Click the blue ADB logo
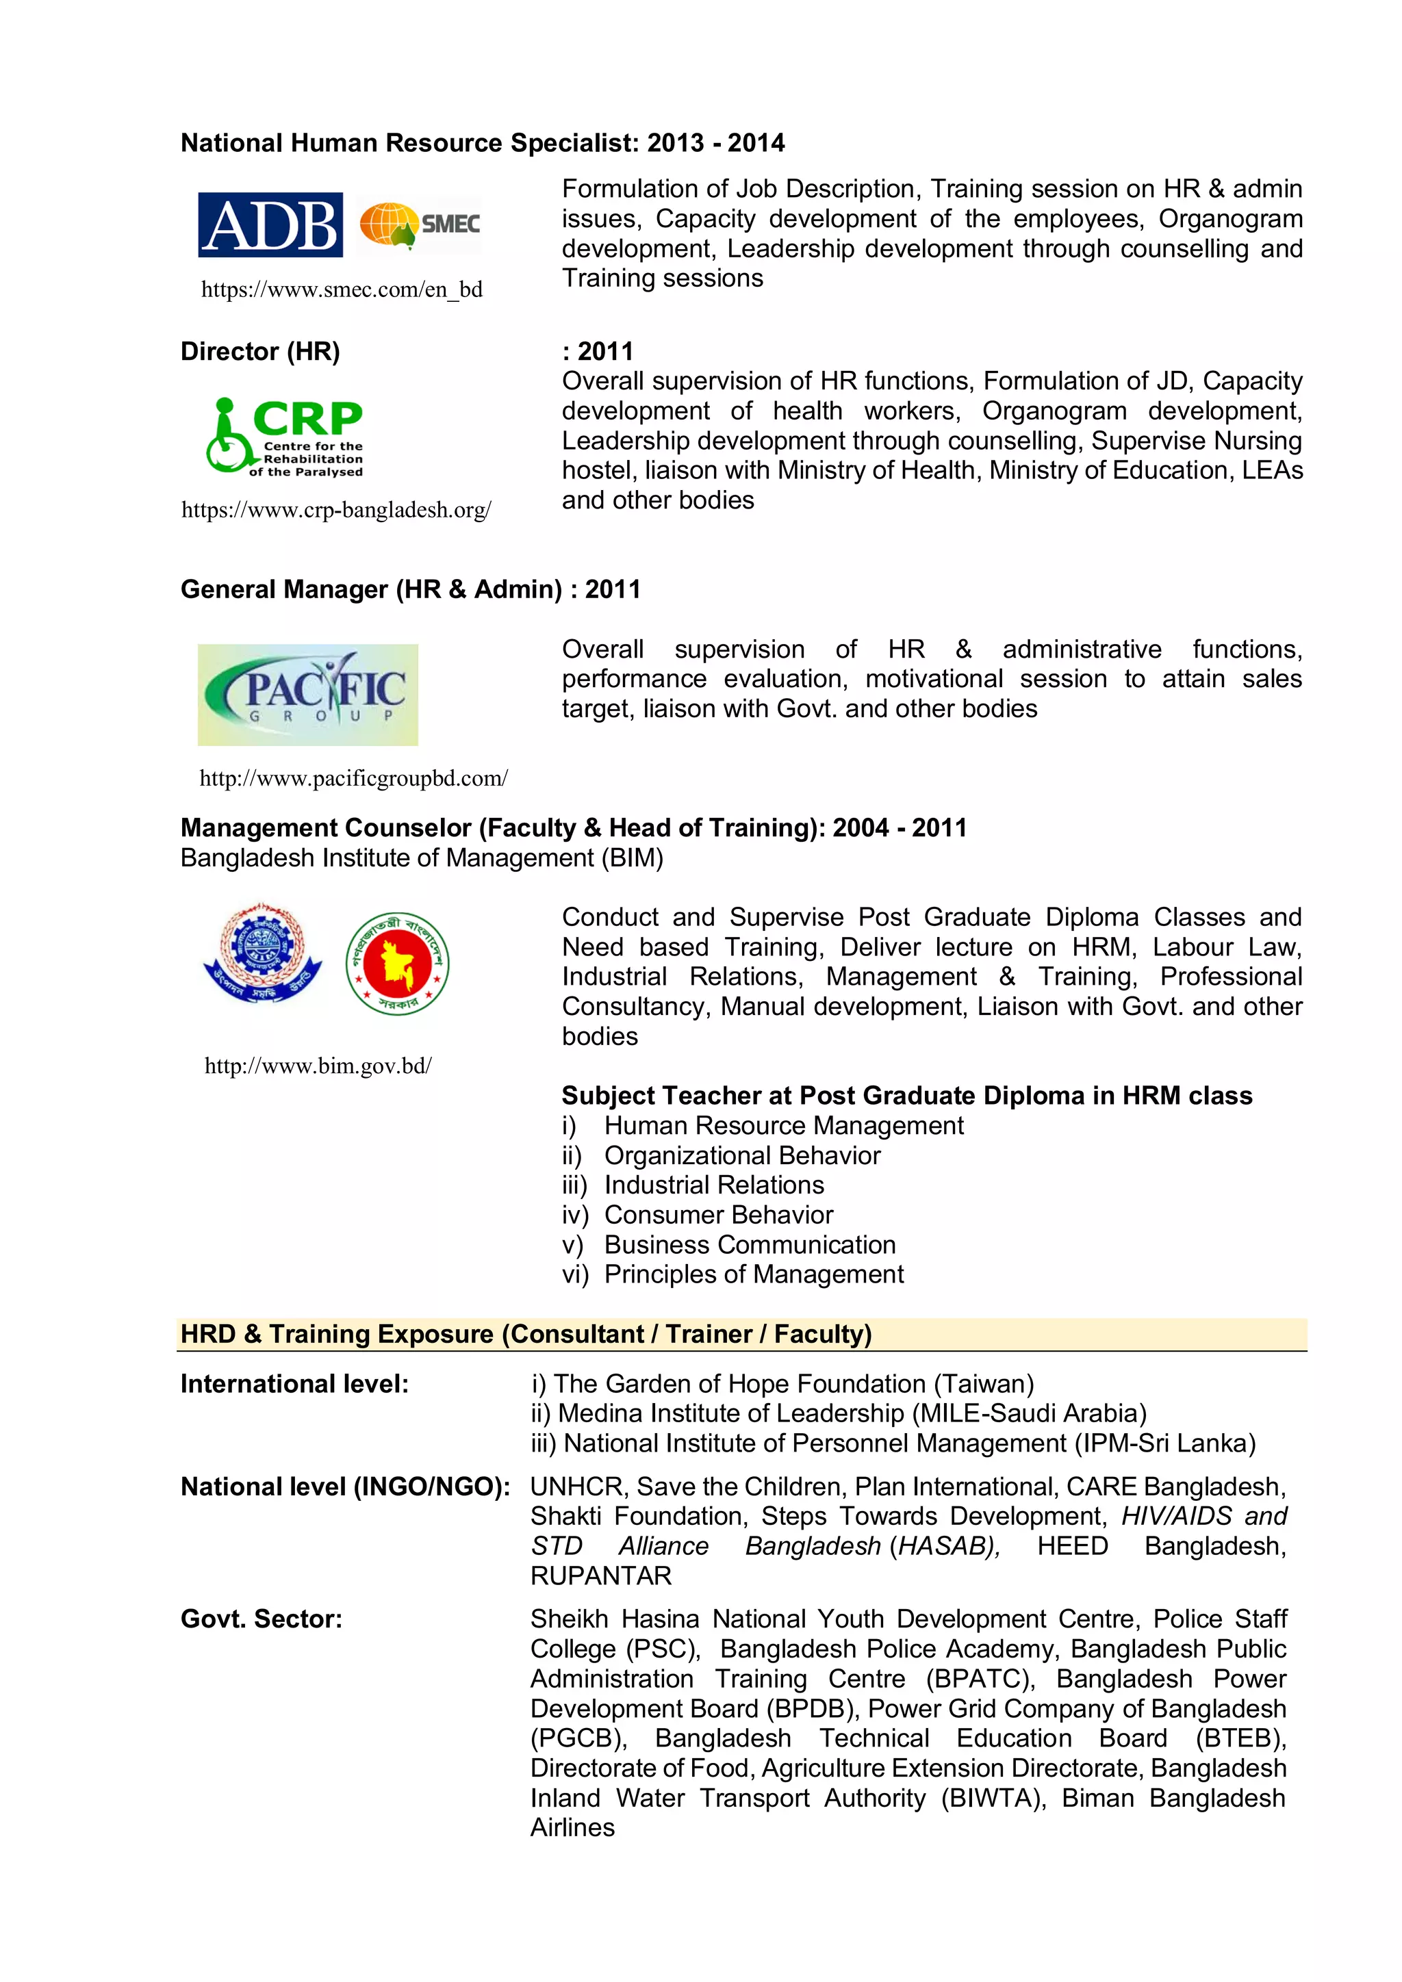coord(270,224)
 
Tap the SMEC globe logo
coord(420,224)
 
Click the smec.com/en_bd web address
coord(341,289)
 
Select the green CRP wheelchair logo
coord(284,436)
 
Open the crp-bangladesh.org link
coord(336,510)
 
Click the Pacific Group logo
coord(308,694)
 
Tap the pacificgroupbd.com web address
coord(353,779)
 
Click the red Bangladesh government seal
coord(397,964)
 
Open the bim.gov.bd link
coord(318,1066)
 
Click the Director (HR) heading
coord(260,351)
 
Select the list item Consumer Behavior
coord(718,1215)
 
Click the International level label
coord(294,1384)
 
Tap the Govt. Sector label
coord(261,1619)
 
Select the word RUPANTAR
coord(601,1575)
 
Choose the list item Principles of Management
coord(754,1274)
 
